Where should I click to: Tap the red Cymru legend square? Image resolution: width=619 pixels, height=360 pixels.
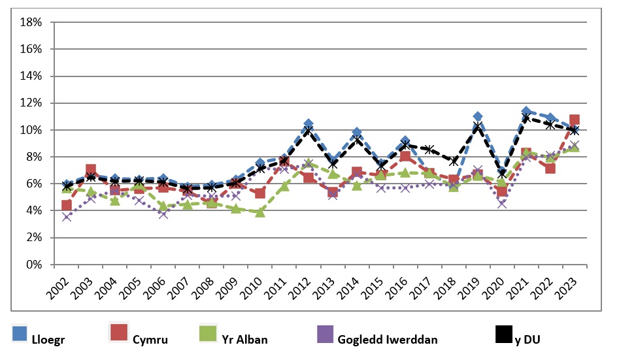[x=118, y=334]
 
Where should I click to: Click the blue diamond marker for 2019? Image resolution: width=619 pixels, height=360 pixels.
[x=478, y=116]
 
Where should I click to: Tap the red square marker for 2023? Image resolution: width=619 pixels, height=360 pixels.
[x=575, y=120]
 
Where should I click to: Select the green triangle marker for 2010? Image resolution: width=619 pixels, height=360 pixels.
[x=260, y=212]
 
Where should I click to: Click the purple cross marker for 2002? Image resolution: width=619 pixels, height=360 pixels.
[x=67, y=216]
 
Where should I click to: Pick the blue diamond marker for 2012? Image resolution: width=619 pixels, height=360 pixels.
[x=309, y=123]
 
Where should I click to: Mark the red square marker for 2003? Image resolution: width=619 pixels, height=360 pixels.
[x=91, y=170]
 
